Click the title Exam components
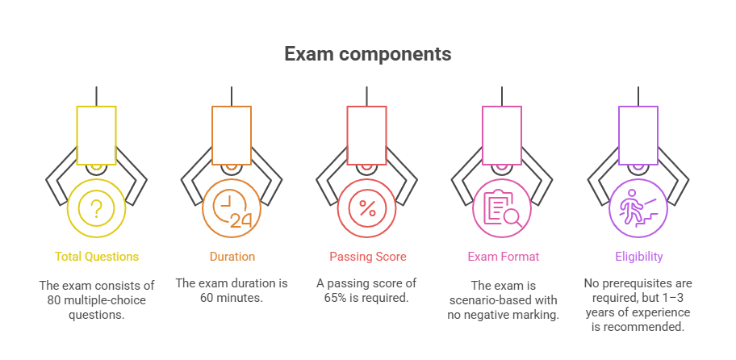point(367,54)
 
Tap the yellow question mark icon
point(97,208)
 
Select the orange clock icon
point(232,208)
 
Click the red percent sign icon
point(367,208)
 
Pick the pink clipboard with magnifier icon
point(502,208)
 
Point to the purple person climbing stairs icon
point(638,208)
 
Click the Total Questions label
point(97,257)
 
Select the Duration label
point(232,257)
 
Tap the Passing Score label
point(367,257)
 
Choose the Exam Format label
point(502,257)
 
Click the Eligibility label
point(638,257)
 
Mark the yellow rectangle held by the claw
point(97,136)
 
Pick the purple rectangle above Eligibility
point(638,136)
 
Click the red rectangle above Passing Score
point(367,136)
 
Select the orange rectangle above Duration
point(232,136)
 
